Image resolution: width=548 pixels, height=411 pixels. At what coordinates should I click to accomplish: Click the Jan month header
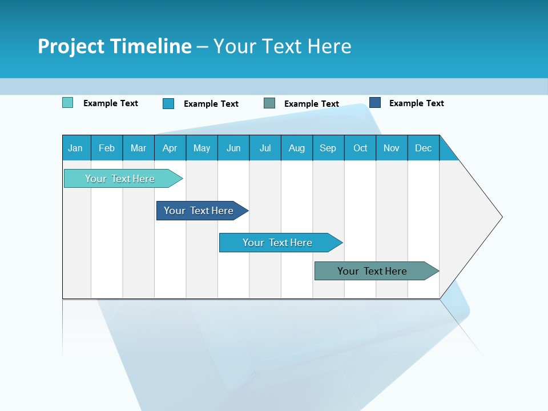click(75, 148)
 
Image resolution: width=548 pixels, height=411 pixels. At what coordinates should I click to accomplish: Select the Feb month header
click(107, 148)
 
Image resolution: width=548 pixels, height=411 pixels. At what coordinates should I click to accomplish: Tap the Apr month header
click(170, 148)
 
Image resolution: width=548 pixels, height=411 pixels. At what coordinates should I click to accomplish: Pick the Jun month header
click(233, 148)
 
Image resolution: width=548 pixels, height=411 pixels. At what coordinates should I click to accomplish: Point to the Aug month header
click(296, 148)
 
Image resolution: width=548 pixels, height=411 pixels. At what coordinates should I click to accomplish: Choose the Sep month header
click(328, 148)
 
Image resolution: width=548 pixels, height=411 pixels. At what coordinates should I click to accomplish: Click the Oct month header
click(360, 148)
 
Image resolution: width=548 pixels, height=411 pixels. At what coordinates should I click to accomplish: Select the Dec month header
click(423, 148)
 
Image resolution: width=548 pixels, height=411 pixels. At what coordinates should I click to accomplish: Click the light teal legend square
click(67, 103)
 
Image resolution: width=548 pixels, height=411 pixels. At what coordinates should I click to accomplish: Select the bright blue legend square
click(168, 103)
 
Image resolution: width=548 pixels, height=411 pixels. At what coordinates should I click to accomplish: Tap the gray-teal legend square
click(269, 103)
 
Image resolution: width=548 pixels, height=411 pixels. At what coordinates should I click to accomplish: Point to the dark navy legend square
click(375, 103)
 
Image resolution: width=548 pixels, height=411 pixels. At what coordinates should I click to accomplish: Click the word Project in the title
click(71, 46)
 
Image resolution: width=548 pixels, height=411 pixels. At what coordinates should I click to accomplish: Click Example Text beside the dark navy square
click(416, 103)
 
